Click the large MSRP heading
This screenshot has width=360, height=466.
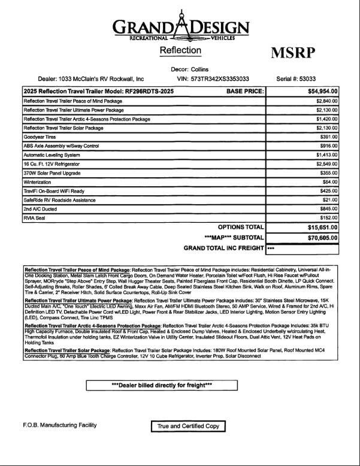[x=293, y=53]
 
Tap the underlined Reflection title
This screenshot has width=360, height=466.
[x=180, y=51]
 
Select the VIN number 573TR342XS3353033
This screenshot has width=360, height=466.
[x=221, y=78]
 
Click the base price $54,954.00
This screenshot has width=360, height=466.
[x=323, y=92]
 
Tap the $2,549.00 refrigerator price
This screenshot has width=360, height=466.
[x=324, y=164]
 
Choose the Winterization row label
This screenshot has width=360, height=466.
[x=37, y=182]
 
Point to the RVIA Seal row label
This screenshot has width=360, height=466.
[x=35, y=218]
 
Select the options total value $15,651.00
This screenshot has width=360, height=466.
[x=323, y=228]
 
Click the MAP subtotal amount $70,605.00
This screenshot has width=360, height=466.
[x=323, y=238]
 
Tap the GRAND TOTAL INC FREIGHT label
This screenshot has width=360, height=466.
[x=223, y=248]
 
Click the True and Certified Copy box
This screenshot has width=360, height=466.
[x=187, y=426]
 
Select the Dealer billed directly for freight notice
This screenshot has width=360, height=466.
[x=162, y=385]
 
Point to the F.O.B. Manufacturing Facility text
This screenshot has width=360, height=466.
[x=60, y=425]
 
